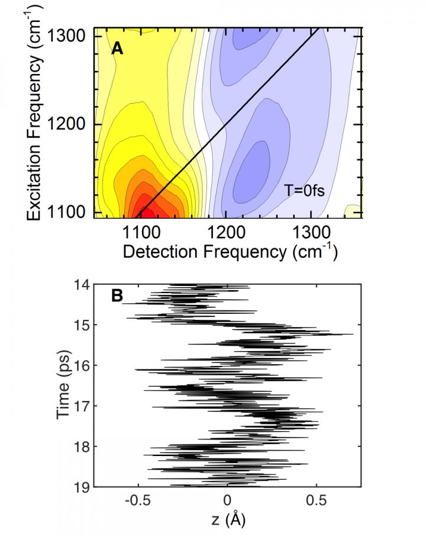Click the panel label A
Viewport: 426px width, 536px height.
click(x=117, y=49)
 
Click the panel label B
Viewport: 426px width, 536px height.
click(x=117, y=296)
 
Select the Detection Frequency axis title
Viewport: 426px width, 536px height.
click(x=230, y=251)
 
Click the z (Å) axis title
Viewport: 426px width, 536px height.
click(x=228, y=521)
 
